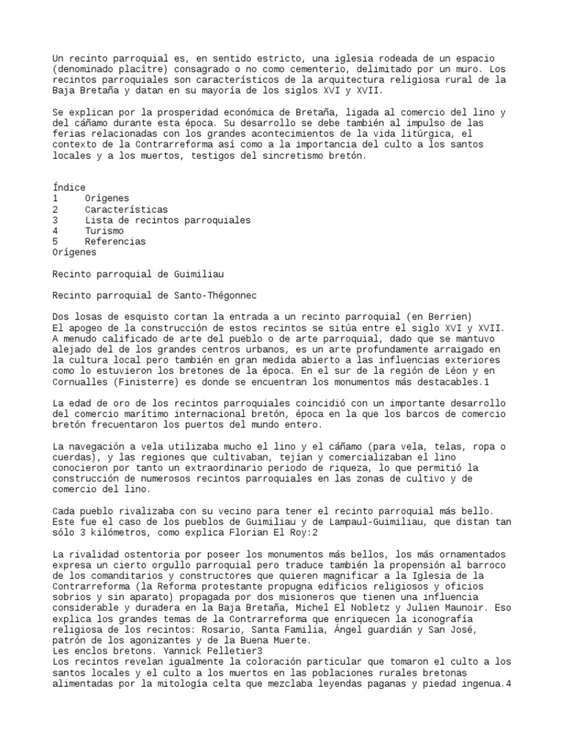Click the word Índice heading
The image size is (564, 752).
click(x=69, y=188)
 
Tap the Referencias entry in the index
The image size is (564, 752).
click(x=115, y=241)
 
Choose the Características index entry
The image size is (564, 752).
click(x=126, y=209)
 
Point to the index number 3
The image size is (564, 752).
click(x=56, y=220)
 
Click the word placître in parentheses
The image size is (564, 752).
click(x=148, y=69)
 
